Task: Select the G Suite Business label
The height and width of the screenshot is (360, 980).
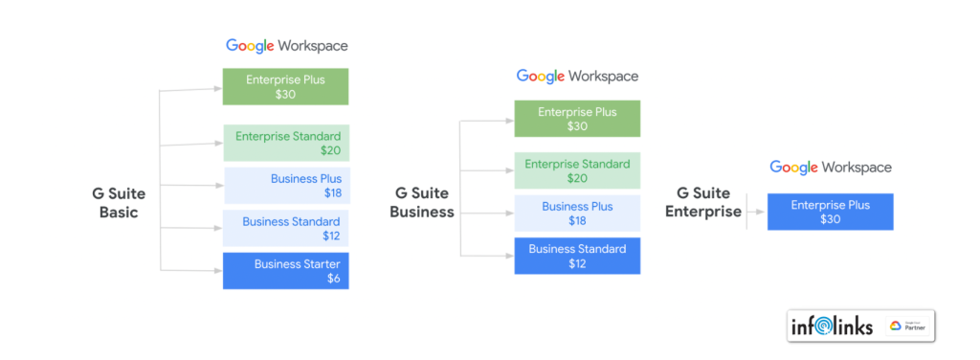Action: point(422,203)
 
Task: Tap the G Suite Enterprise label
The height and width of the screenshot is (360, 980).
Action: point(703,203)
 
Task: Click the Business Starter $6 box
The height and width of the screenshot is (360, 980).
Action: point(286,271)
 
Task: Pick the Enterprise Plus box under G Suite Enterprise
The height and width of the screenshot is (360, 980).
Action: point(830,212)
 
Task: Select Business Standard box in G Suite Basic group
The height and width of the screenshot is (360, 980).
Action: point(286,229)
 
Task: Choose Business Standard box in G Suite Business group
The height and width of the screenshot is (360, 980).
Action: point(577,256)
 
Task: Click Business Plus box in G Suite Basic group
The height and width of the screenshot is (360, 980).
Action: point(286,186)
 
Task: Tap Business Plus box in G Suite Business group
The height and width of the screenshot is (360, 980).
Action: point(577,214)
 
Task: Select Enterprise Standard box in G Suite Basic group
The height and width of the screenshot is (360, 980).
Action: point(286,144)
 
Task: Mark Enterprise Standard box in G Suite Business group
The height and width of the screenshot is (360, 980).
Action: point(577,171)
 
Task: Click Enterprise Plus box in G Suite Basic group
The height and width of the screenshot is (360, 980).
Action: point(285,86)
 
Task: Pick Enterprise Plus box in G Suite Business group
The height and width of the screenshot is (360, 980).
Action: point(577,119)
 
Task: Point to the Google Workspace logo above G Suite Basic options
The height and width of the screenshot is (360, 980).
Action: point(286,45)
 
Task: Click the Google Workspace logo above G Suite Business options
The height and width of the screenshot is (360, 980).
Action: point(577,76)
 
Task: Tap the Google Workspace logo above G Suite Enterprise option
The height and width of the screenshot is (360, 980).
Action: point(830,168)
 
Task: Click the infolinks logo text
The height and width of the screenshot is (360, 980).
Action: point(832,326)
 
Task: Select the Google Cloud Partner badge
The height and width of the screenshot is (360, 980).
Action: point(908,326)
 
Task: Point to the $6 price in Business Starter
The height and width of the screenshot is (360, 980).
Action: point(333,280)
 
